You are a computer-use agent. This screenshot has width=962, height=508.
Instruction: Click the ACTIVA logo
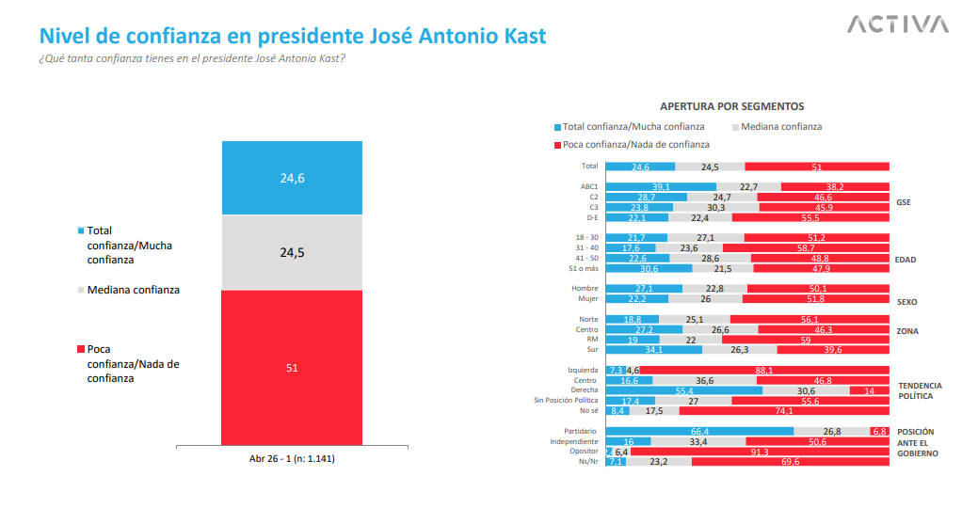coord(896,24)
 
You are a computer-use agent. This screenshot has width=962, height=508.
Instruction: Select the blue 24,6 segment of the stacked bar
coord(292,178)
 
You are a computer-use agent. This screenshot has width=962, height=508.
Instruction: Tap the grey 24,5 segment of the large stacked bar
coord(292,252)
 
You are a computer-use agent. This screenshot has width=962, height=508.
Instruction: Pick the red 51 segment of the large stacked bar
coord(292,367)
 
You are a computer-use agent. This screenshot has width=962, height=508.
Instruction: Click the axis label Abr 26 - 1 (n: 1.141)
coord(292,459)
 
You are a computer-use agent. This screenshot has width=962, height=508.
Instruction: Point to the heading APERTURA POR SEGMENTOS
coord(731,106)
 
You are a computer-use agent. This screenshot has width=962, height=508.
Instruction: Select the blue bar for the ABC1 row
coord(661,186)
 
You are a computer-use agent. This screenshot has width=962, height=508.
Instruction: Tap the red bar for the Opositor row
coord(759,452)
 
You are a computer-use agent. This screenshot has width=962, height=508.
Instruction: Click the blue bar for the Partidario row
coord(699,431)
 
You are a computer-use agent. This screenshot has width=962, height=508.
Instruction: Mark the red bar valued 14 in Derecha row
coord(869,390)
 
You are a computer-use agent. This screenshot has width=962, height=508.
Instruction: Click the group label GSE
coord(904,202)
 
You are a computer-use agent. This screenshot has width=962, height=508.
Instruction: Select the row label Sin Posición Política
coord(566,401)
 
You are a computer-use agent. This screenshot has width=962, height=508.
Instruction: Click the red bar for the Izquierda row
coord(764,371)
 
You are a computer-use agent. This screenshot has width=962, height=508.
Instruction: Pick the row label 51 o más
coord(584,269)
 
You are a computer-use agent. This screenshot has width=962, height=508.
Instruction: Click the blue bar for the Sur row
coord(653,350)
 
